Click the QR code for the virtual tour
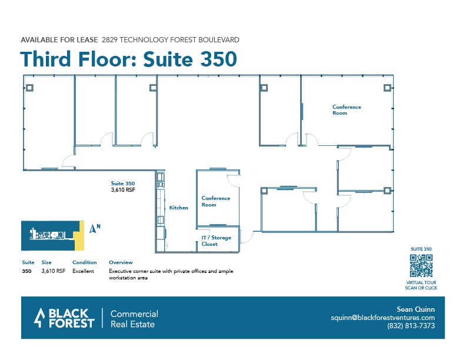click(421, 266)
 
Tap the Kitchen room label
click(179, 208)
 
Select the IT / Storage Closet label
click(216, 241)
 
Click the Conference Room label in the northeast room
click(347, 110)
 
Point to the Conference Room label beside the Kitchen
click(216, 201)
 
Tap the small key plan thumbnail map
click(50, 234)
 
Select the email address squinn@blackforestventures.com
click(382, 318)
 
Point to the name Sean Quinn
click(416, 309)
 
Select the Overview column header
click(121, 262)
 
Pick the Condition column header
click(84, 262)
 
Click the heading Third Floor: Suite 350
click(128, 59)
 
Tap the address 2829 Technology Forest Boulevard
click(170, 40)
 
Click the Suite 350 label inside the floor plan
click(123, 184)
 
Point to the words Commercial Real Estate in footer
click(134, 318)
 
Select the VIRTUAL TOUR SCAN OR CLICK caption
click(421, 285)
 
